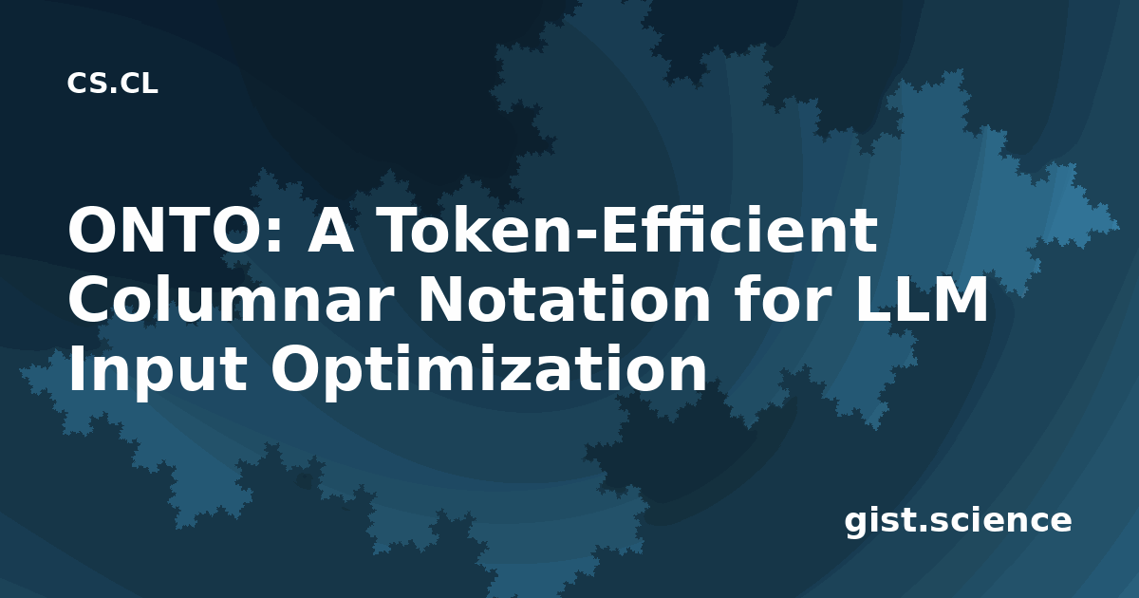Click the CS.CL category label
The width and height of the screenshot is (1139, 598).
[112, 84]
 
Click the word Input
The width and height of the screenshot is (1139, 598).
[159, 369]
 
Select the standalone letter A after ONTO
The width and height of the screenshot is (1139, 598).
[331, 230]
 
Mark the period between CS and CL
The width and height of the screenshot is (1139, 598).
[113, 91]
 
